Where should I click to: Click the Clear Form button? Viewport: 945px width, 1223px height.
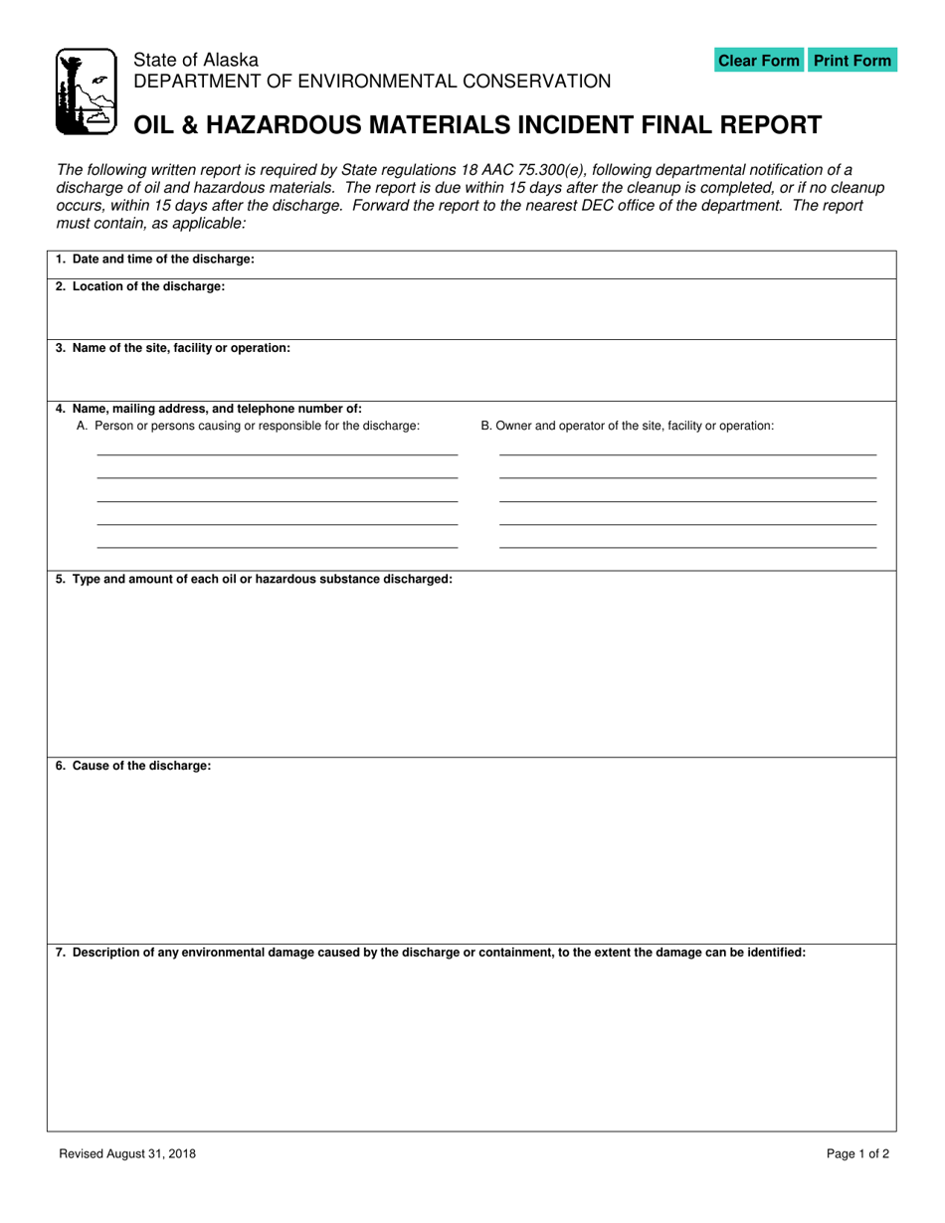tap(758, 61)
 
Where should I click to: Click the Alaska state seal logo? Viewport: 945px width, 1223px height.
tap(85, 91)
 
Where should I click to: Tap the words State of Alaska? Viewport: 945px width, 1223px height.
tap(196, 61)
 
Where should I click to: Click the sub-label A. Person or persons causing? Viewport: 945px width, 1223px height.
tap(248, 426)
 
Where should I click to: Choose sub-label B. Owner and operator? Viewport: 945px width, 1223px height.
tap(627, 426)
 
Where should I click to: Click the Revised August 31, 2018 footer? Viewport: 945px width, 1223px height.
tap(127, 1154)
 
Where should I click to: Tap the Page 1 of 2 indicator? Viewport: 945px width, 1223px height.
tap(857, 1154)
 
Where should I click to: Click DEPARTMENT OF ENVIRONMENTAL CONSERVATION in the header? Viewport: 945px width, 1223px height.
tap(372, 82)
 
